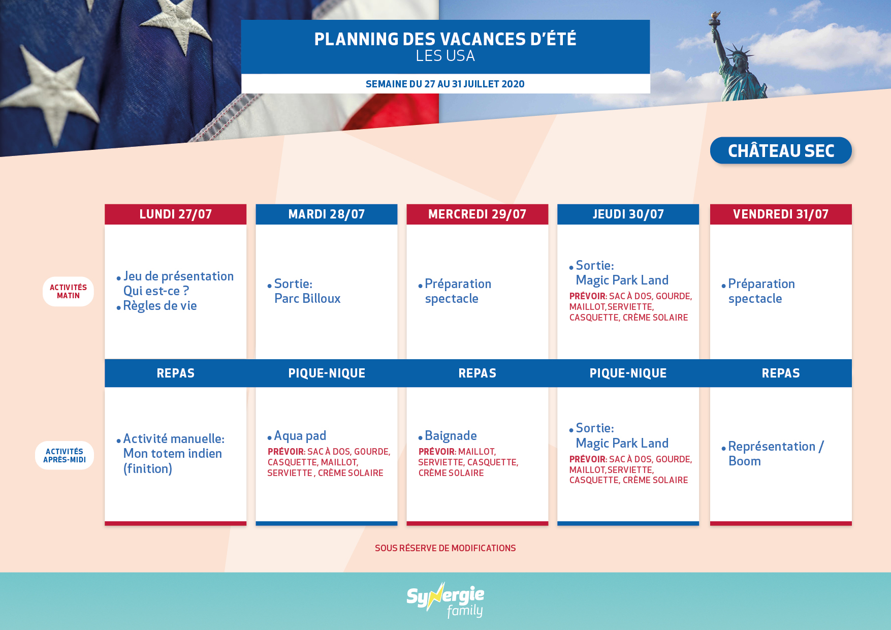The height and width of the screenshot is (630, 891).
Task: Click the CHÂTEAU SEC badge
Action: pos(781,150)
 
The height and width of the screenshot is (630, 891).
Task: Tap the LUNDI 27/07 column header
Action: pos(175,214)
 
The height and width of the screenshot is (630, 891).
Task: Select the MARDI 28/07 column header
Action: pos(326,214)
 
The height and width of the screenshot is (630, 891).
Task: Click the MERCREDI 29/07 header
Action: pos(477,214)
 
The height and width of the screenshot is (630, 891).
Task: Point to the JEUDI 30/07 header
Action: pos(628,214)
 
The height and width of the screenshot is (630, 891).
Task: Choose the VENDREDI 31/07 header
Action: pos(781,214)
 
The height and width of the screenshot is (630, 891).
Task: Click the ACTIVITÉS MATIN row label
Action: pos(68,292)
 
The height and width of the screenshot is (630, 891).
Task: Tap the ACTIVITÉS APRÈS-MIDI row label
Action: pos(65,455)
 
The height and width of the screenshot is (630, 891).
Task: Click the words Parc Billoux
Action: pos(307,298)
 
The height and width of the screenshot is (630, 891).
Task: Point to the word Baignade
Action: pos(451,436)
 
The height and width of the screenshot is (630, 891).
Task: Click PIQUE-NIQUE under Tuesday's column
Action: pos(327,373)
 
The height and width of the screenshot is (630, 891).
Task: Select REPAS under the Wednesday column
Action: pos(477,373)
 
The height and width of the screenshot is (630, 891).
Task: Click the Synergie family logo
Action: pos(445,601)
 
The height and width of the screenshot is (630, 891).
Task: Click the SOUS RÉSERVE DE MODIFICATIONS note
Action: pos(445,548)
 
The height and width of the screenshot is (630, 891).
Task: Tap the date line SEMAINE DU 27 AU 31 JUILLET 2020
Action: pos(445,84)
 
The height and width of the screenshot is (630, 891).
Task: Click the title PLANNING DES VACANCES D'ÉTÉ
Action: pos(445,39)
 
